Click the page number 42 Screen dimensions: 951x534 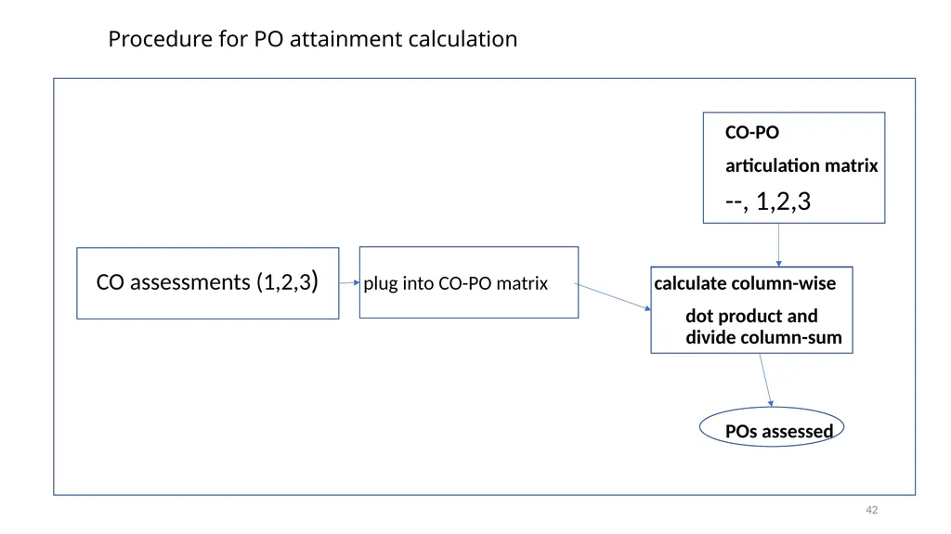pyautogui.click(x=871, y=511)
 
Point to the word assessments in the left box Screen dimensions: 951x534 pyautogui.click(x=189, y=282)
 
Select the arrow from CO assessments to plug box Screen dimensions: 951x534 pyautogui.click(x=349, y=282)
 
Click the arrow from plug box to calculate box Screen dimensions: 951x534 pyautogui.click(x=613, y=297)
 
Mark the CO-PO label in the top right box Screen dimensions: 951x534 pyautogui.click(x=752, y=132)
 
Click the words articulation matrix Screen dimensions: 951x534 pyautogui.click(x=801, y=165)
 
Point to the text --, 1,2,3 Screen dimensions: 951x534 pyautogui.click(x=768, y=202)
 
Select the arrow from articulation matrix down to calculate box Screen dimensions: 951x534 pyautogui.click(x=779, y=245)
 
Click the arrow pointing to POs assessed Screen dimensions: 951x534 pyautogui.click(x=766, y=380)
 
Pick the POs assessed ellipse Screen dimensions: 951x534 pyautogui.click(x=772, y=407)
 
